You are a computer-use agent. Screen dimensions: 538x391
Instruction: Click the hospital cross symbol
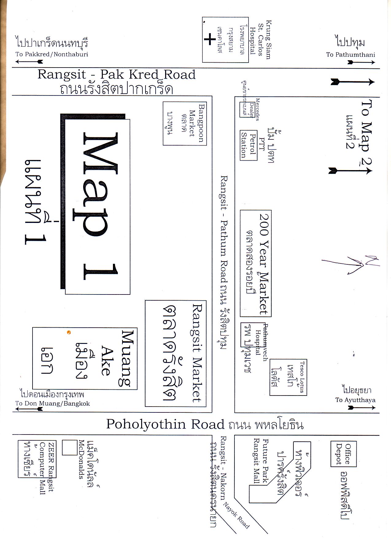tap(210, 39)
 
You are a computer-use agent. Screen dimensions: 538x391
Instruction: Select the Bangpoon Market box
tap(184, 123)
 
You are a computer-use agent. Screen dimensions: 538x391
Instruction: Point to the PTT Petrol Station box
tap(248, 145)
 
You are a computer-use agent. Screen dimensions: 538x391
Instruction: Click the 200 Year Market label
tap(263, 263)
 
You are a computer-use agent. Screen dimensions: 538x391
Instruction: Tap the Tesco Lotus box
tap(288, 377)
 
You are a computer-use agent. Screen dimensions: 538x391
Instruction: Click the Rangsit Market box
tap(176, 353)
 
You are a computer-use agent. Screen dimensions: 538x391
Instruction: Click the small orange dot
tap(69, 332)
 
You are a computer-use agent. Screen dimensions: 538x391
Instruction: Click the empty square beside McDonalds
tap(70, 447)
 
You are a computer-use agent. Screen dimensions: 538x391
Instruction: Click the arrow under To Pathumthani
tap(361, 62)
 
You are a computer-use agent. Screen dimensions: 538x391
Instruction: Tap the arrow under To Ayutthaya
tap(362, 408)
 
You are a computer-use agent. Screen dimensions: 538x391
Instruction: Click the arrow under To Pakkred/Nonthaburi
tap(29, 62)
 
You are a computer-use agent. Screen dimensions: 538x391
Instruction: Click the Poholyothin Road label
tap(165, 424)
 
